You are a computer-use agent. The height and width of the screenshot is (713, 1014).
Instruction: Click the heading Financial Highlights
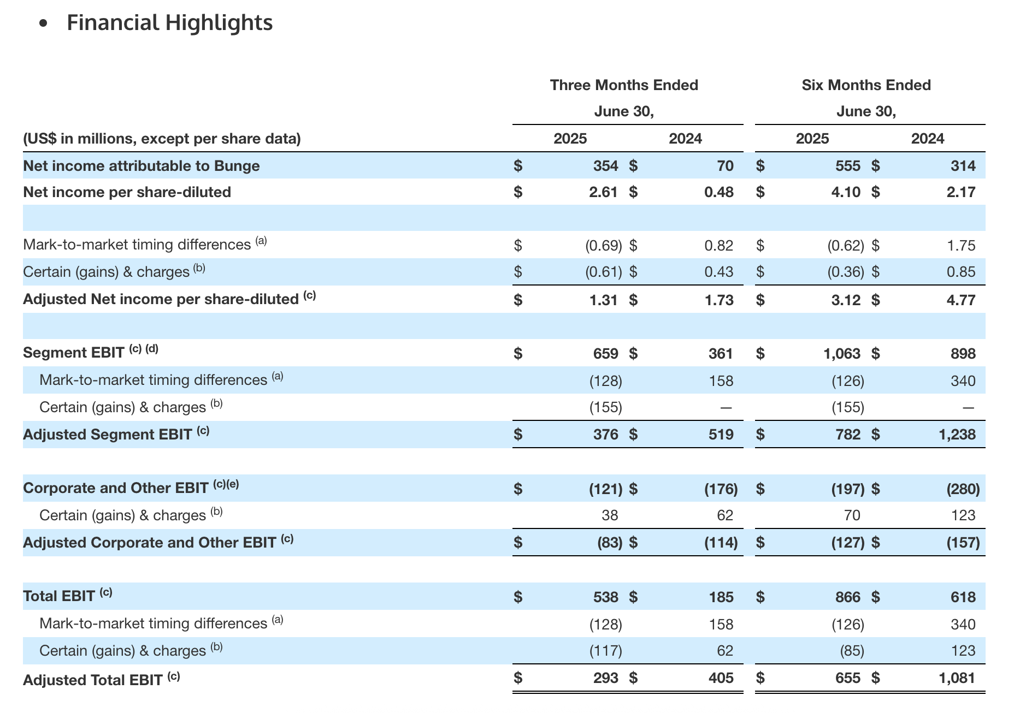[x=169, y=23]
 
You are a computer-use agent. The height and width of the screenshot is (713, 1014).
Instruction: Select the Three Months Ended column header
[x=624, y=85]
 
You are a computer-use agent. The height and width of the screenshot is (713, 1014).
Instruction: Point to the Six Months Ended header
[x=866, y=85]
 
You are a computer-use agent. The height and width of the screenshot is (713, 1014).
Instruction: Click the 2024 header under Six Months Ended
[x=928, y=139]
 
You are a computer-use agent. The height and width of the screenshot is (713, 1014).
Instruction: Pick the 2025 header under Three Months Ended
[x=570, y=139]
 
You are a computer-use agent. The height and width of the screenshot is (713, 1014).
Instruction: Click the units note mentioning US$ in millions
[x=162, y=139]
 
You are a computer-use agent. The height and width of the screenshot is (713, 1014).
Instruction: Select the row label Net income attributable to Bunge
[x=142, y=165]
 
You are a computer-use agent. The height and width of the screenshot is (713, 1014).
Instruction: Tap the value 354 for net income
[x=606, y=166]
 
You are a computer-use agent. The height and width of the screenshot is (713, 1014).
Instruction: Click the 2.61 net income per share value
[x=604, y=192]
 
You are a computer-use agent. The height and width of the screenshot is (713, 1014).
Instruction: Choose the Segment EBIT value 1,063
[x=842, y=354]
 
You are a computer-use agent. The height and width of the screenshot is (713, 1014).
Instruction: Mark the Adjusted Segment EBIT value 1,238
[x=957, y=435]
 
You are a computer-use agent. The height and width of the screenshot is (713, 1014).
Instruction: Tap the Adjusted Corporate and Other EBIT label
[x=158, y=542]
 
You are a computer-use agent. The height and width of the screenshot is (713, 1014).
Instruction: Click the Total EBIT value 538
[x=606, y=597]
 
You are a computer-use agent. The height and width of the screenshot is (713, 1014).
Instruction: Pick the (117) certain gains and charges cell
[x=606, y=651]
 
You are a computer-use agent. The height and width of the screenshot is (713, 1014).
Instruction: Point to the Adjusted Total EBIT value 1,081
[x=957, y=678]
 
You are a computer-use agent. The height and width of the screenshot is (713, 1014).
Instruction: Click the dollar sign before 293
[x=518, y=678]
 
